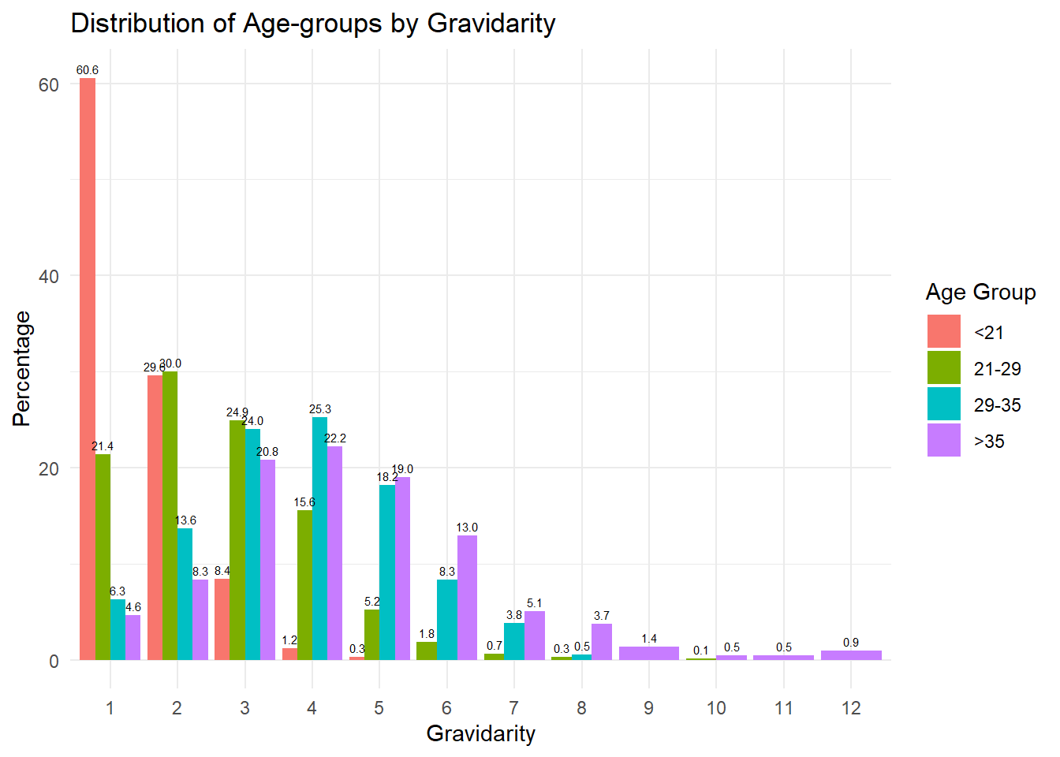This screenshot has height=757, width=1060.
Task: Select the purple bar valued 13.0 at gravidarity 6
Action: point(467,598)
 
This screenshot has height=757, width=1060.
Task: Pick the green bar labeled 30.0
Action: point(170,516)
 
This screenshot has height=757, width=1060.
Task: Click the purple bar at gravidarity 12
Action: point(851,655)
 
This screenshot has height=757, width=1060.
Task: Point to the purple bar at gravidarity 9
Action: point(648,653)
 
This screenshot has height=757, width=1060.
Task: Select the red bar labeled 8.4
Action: point(222,620)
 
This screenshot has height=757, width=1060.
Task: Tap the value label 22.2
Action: point(335,438)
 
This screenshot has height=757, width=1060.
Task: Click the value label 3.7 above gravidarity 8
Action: point(602,616)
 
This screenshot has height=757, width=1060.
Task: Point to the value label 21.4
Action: point(103,446)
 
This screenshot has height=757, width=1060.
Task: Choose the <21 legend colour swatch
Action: point(943,331)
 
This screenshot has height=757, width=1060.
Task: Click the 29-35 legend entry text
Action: point(997,405)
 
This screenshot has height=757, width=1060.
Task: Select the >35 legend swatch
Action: point(943,440)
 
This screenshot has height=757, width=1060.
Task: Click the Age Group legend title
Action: point(980,292)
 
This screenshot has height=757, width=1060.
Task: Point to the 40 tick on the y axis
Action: point(49,276)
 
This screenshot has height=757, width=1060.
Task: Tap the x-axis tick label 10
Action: point(716,708)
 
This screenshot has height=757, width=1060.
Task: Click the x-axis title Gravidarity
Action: point(480,733)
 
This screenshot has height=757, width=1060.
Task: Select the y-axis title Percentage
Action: point(21,369)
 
